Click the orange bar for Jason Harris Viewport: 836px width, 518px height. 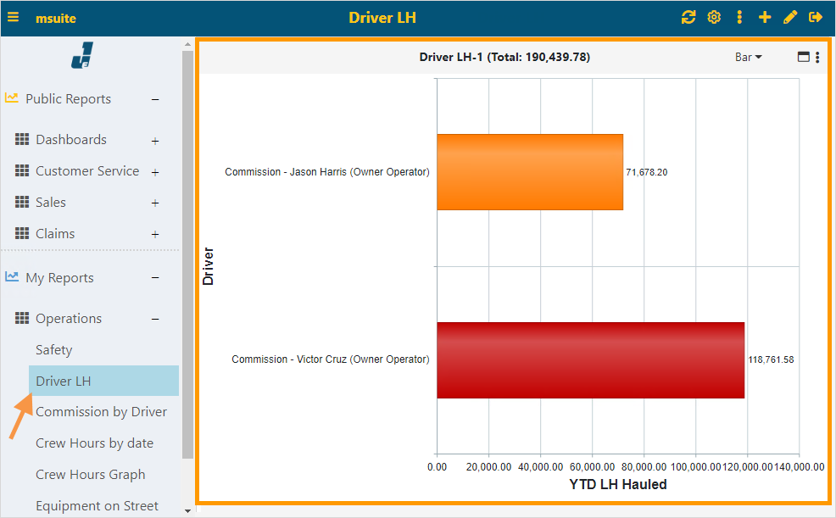(530, 172)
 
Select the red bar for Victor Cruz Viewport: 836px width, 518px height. (590, 359)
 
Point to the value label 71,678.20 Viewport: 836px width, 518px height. (647, 172)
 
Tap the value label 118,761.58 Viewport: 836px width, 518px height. (771, 359)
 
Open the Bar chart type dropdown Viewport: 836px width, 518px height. (748, 57)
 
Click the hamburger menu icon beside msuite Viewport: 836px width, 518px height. (14, 17)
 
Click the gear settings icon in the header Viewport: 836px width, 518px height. (714, 17)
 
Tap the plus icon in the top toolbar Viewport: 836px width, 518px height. (765, 17)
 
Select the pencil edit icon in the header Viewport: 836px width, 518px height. (790, 17)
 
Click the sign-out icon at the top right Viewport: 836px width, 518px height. (816, 17)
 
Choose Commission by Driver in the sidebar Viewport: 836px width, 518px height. (101, 412)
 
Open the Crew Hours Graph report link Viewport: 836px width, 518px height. (90, 475)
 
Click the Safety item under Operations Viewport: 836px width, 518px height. (53, 350)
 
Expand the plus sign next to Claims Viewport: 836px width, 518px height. (155, 235)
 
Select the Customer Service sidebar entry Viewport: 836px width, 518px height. (86, 171)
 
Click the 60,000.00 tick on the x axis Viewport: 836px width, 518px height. (592, 466)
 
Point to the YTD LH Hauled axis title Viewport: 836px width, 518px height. (617, 485)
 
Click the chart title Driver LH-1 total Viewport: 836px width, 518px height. (504, 57)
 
